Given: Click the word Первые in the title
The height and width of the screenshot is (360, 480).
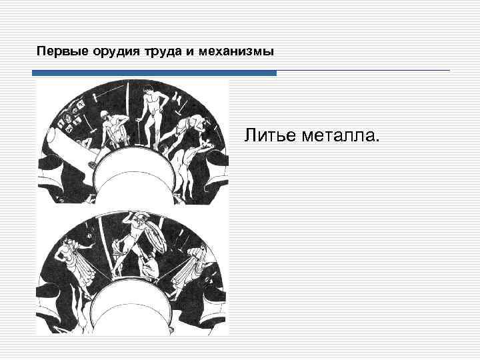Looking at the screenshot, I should (x=56, y=51).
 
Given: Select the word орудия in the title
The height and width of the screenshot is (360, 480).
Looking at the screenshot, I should (x=101, y=51).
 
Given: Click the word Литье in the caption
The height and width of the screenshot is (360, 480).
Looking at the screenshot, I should (x=266, y=136).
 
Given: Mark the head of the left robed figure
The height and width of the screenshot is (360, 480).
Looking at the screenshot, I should (x=70, y=241).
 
